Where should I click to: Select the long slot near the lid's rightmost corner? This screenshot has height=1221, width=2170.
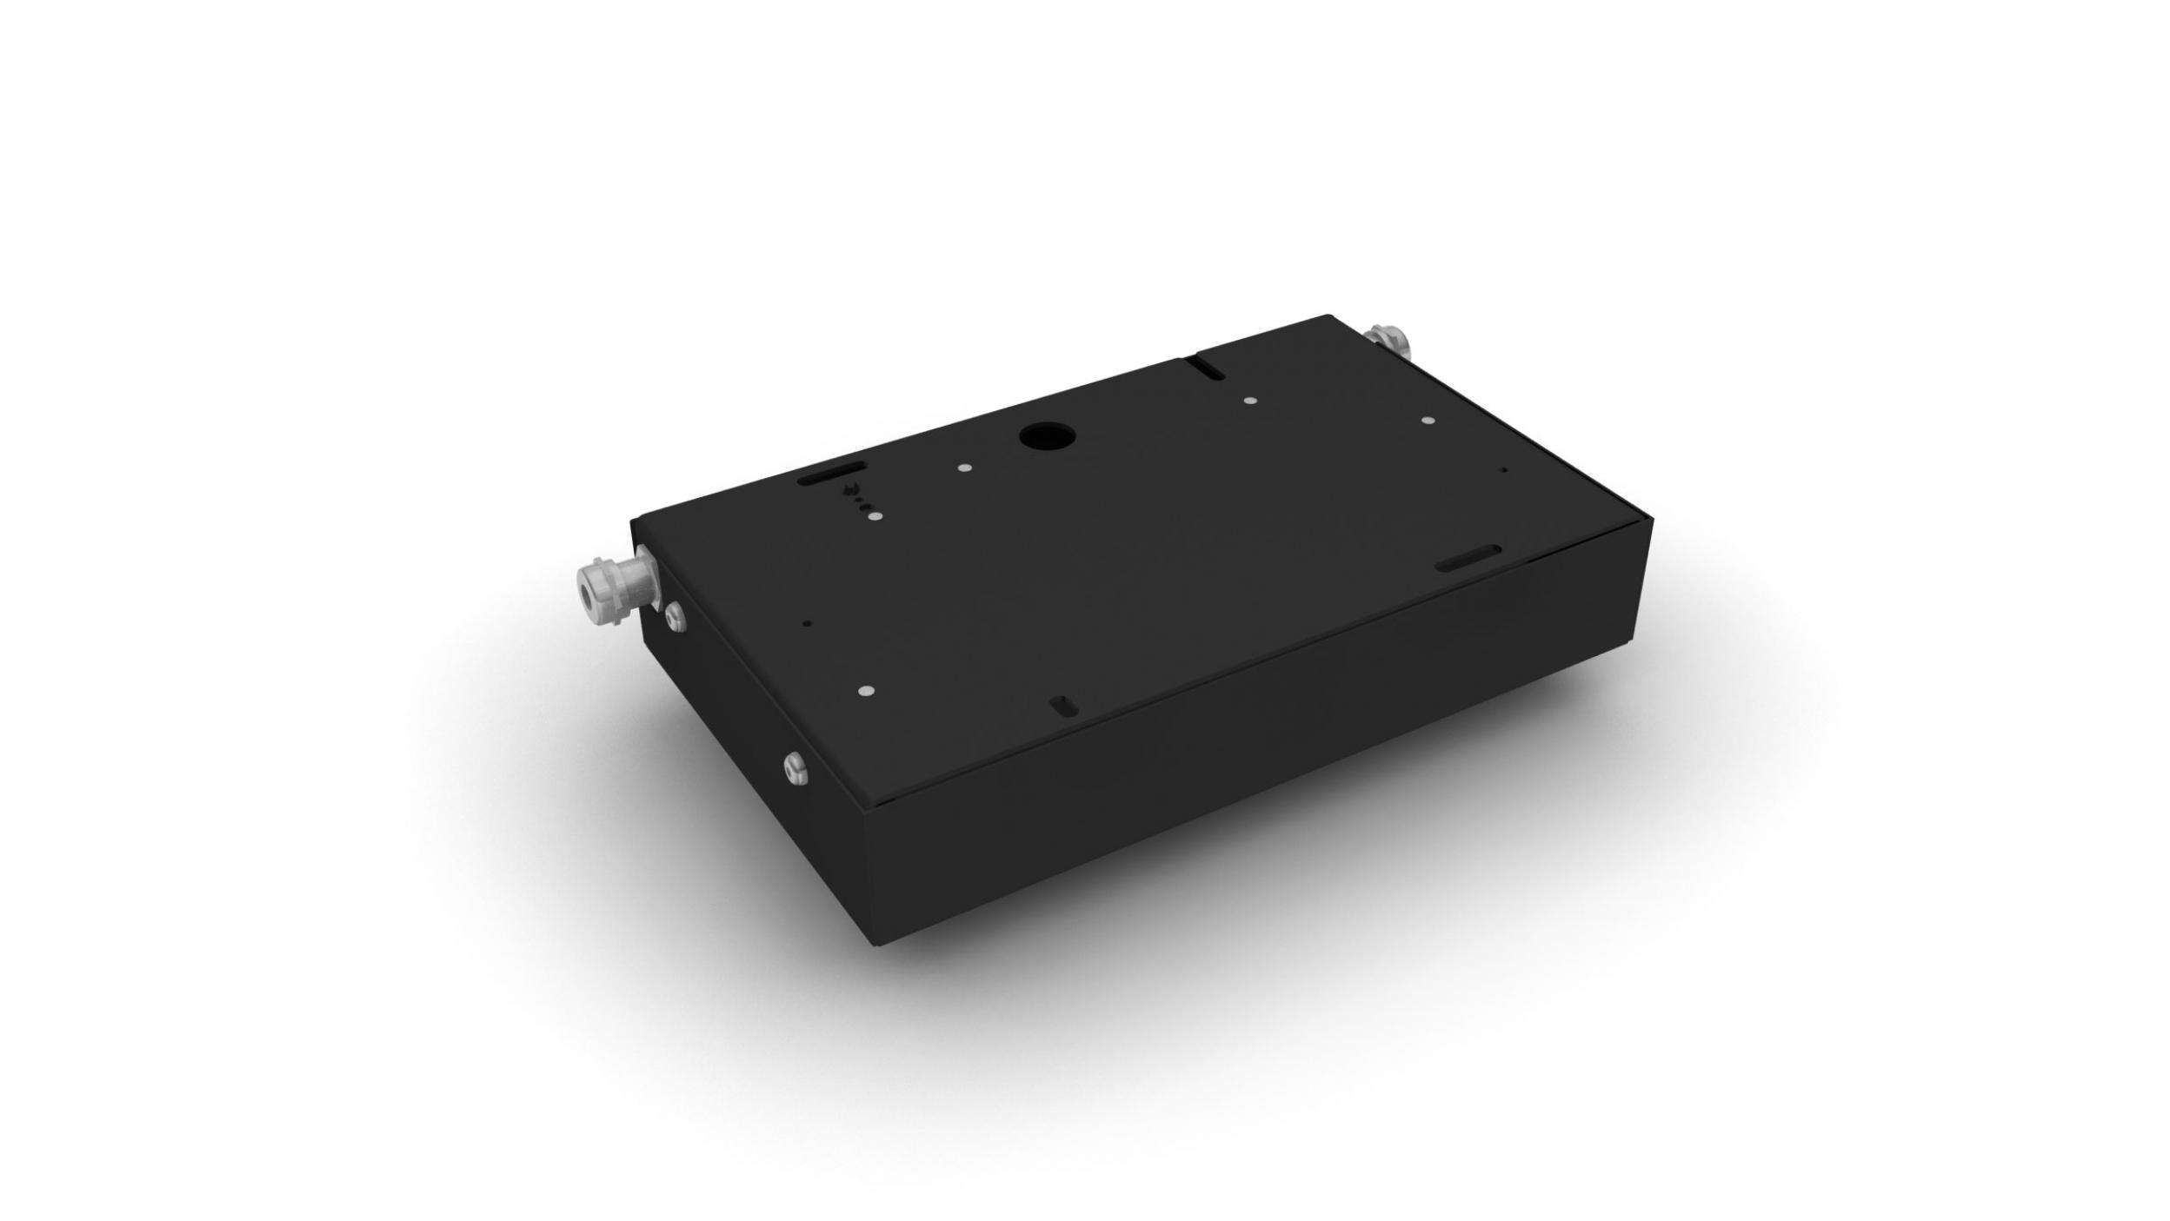[1468, 559]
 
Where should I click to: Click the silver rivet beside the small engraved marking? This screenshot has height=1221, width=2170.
[874, 517]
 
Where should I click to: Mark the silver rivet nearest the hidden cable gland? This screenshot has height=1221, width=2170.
[1427, 421]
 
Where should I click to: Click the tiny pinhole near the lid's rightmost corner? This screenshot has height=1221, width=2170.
[1505, 470]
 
